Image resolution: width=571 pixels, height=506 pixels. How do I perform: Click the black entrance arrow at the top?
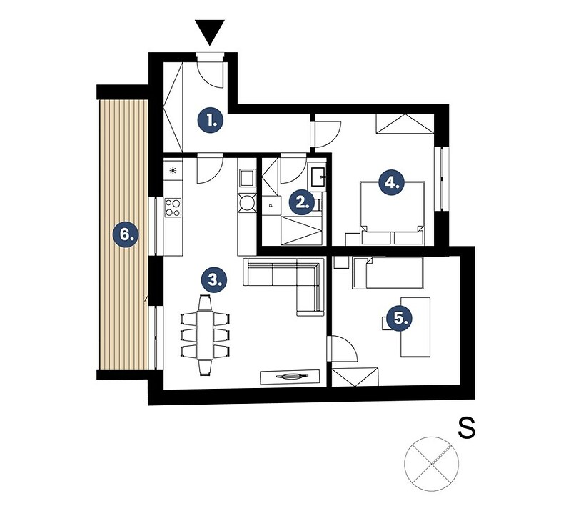click(x=209, y=31)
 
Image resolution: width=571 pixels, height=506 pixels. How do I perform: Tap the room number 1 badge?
click(x=211, y=120)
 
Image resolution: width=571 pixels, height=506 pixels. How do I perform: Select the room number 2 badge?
click(x=302, y=202)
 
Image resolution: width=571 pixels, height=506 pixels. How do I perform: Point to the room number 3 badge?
click(x=214, y=280)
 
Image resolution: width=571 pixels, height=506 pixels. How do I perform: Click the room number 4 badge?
click(x=392, y=182)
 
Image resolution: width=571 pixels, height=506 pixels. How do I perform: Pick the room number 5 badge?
click(x=400, y=318)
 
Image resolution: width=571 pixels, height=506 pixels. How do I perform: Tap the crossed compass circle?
click(x=432, y=464)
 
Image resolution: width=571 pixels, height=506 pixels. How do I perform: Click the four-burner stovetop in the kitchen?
click(x=173, y=207)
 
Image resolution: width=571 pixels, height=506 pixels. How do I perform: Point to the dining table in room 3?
click(x=205, y=334)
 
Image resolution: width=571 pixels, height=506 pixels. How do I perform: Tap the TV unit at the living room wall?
click(x=290, y=377)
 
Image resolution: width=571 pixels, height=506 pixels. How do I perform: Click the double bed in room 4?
click(x=392, y=213)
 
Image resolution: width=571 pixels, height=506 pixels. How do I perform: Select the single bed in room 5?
click(x=388, y=273)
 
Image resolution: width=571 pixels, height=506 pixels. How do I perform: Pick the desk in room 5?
click(x=415, y=327)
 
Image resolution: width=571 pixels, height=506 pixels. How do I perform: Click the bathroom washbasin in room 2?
click(x=316, y=177)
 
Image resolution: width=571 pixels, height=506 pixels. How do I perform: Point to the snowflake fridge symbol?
click(x=173, y=171)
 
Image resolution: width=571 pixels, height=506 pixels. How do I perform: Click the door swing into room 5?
click(x=343, y=349)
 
